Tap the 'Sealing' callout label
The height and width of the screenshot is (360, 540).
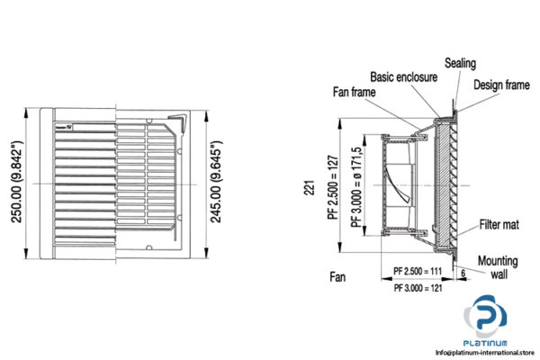460,64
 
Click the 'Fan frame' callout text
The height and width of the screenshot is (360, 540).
355,91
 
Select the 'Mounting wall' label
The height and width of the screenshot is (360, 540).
497,267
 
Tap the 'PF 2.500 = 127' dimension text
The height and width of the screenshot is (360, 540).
331,185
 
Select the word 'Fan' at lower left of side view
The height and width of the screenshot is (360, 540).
337,278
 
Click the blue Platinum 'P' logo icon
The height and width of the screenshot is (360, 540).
486,320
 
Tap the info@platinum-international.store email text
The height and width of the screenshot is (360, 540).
485,351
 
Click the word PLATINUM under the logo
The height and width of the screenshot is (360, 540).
485,342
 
